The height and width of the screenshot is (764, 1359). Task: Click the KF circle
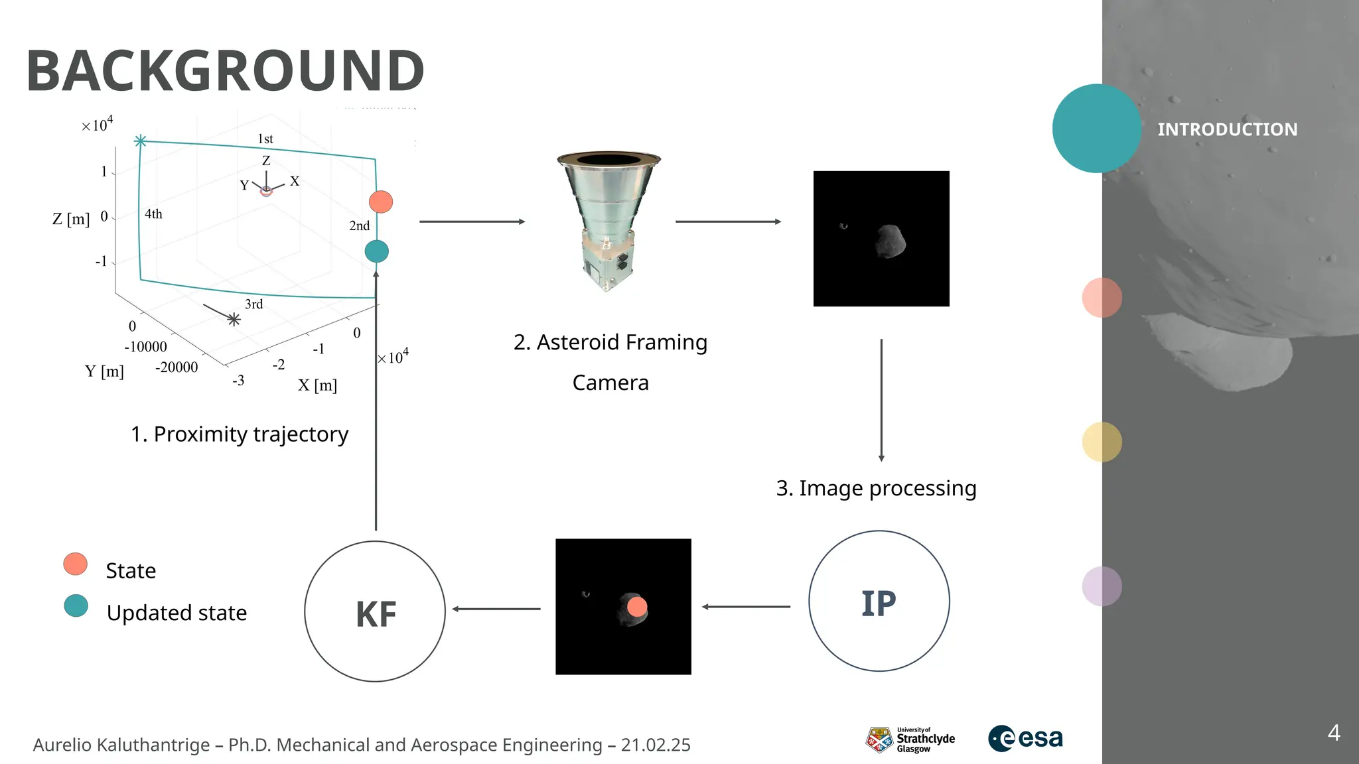click(375, 611)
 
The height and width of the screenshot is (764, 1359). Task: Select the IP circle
click(879, 601)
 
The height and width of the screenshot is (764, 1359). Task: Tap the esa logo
click(1025, 738)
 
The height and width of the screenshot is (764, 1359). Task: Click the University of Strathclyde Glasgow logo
click(910, 739)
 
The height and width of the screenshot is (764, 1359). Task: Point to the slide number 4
click(1334, 733)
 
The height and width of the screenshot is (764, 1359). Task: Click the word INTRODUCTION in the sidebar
click(1227, 129)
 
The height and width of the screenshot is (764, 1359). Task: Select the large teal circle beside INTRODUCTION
click(1096, 128)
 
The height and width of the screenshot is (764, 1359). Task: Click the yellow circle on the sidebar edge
click(1102, 442)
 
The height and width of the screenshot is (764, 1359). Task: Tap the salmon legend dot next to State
click(76, 564)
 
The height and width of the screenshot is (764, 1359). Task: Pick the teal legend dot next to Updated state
click(76, 605)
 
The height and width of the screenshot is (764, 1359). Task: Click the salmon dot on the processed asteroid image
click(637, 607)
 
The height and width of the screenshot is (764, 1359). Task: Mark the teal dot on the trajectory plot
click(376, 251)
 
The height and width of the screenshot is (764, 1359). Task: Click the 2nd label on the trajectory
click(360, 225)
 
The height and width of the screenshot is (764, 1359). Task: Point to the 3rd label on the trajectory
click(254, 304)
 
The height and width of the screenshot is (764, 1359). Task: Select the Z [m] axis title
click(71, 219)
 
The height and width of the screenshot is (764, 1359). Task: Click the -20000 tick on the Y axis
click(177, 367)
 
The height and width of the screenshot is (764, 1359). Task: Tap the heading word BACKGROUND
click(225, 71)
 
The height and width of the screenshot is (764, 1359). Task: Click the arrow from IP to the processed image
click(747, 606)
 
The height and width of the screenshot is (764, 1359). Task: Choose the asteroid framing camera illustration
click(608, 222)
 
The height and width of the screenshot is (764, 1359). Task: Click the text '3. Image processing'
click(876, 488)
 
